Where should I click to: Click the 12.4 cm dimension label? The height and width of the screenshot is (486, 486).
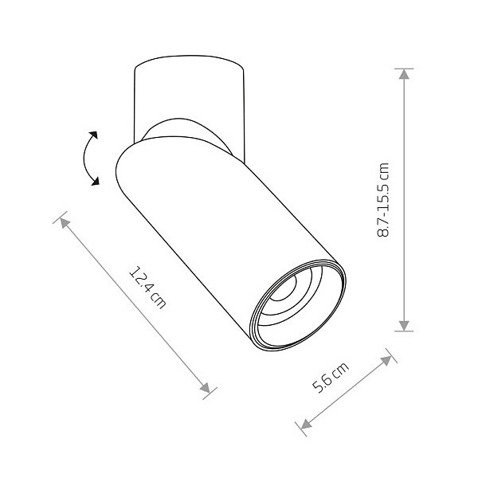pyautogui.click(x=147, y=288)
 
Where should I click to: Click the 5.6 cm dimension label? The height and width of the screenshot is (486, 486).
pyautogui.click(x=331, y=377)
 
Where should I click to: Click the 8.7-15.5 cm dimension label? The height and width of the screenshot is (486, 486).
pyautogui.click(x=382, y=200)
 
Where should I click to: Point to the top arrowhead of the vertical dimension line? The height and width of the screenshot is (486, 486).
pyautogui.click(x=404, y=74)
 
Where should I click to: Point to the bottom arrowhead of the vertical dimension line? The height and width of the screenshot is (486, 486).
pyautogui.click(x=404, y=325)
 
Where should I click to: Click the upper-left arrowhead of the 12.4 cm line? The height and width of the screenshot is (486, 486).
pyautogui.click(x=65, y=223)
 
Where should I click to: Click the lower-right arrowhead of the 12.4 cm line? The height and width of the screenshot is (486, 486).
pyautogui.click(x=205, y=387)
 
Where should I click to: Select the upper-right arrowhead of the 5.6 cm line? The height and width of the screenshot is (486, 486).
pyautogui.click(x=386, y=361)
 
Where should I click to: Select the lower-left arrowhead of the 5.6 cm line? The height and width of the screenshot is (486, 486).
pyautogui.click(x=306, y=424)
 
